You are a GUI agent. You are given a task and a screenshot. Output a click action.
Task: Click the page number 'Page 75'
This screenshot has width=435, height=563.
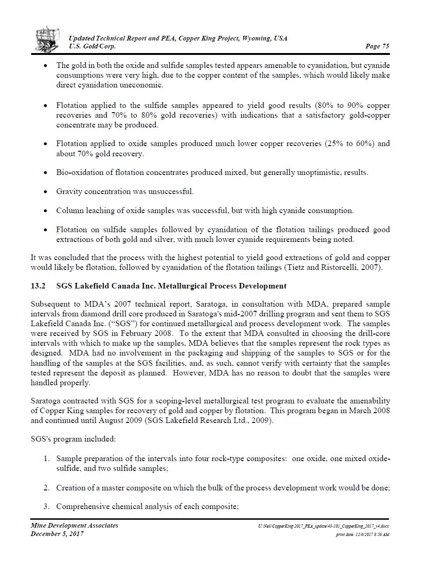point(377,46)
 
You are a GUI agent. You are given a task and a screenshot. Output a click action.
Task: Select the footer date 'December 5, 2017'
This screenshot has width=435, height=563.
point(57,534)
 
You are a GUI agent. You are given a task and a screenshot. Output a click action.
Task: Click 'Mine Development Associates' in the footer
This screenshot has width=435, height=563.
point(74,525)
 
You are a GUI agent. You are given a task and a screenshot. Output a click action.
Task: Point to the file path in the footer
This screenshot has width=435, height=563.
point(324,526)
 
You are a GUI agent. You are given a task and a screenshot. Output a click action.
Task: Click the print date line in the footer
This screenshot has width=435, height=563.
point(362,535)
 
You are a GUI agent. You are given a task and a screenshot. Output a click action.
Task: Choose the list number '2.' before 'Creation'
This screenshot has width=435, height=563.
point(47,488)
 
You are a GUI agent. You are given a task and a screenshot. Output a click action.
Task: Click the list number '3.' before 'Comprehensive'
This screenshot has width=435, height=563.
point(47,506)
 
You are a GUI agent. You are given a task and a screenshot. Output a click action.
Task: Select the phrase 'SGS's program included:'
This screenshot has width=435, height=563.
point(73,439)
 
